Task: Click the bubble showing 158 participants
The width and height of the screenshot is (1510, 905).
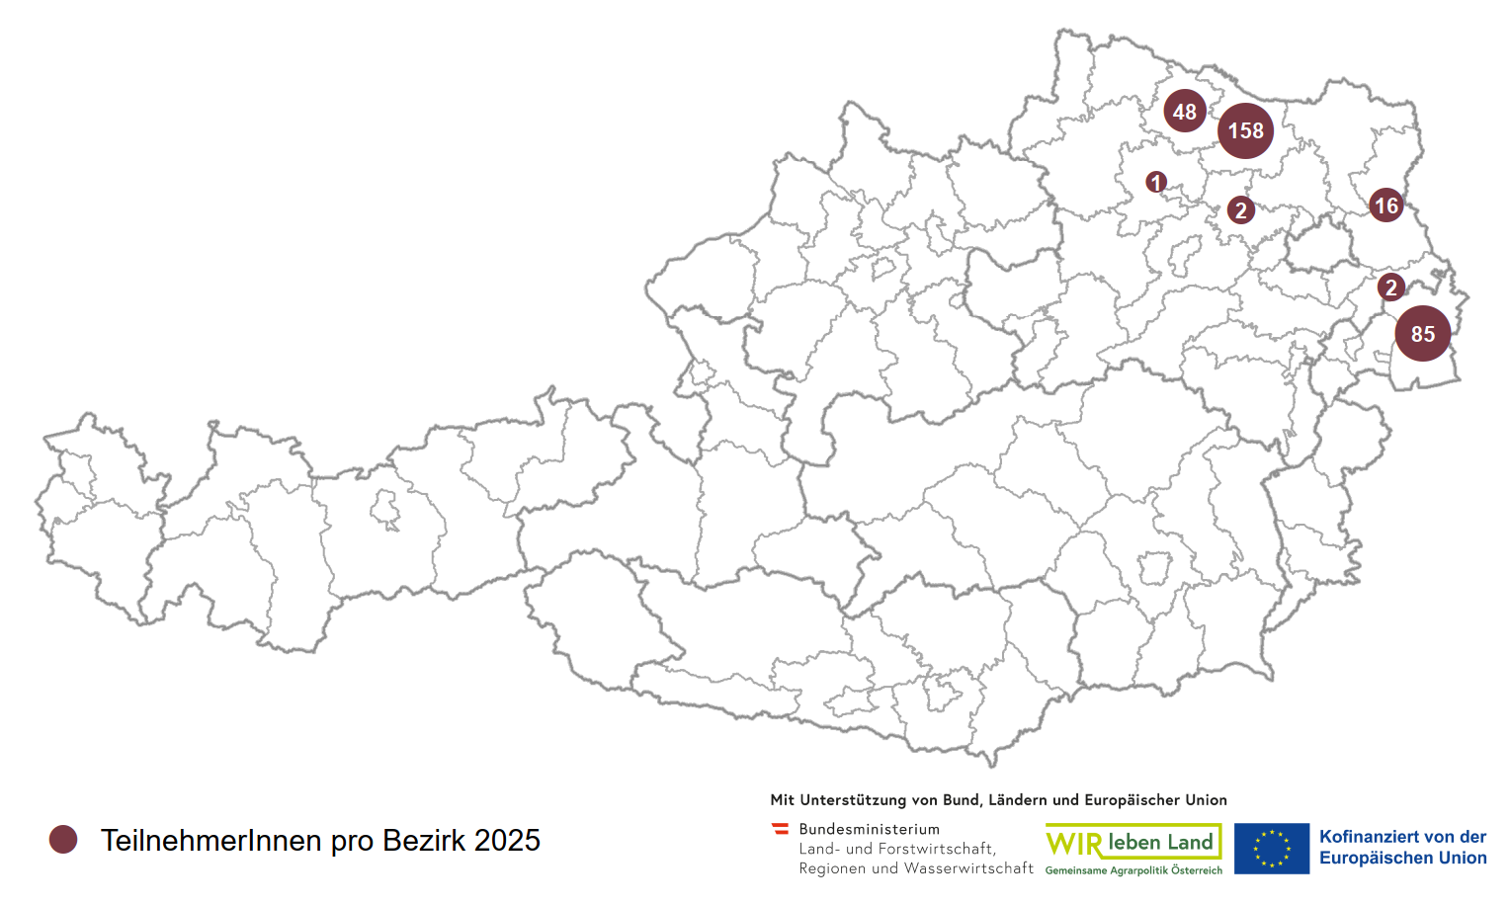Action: tap(1245, 130)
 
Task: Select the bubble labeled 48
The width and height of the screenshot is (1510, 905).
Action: tap(1184, 112)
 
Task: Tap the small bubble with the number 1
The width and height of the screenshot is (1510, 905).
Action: tap(1156, 183)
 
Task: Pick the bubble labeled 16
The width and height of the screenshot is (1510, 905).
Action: tap(1386, 206)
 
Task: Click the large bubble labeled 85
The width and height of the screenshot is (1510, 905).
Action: tap(1423, 334)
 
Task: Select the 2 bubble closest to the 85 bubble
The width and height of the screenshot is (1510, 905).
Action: tap(1391, 288)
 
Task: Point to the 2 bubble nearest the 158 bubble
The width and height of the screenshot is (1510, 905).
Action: tap(1241, 209)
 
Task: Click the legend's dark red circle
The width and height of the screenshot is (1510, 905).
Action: tap(63, 840)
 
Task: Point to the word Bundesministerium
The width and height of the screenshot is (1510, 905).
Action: tap(869, 829)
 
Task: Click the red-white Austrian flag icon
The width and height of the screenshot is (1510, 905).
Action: tap(781, 829)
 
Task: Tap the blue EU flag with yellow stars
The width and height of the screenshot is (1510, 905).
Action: tap(1271, 849)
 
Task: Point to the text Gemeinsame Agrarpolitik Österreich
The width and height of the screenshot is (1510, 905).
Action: tap(1133, 870)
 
